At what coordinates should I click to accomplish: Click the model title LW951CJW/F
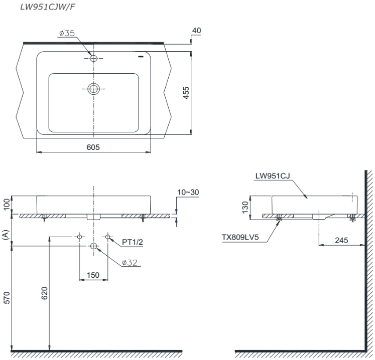[47, 7]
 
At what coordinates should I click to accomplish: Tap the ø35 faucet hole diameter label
[67, 33]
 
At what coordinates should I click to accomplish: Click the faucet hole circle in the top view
[93, 58]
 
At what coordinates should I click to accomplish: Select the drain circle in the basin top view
[93, 89]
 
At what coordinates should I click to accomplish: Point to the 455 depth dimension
[186, 93]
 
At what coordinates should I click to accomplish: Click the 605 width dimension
[93, 147]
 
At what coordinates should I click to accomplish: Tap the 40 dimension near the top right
[197, 31]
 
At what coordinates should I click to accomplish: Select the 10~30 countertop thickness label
[188, 193]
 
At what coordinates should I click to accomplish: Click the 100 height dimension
[7, 204]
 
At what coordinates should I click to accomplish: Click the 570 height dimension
[7, 298]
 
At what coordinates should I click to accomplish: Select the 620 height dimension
[45, 293]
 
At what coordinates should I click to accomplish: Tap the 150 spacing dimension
[93, 275]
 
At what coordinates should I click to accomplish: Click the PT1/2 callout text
[132, 242]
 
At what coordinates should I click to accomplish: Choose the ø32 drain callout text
[130, 263]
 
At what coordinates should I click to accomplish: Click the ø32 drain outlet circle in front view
[93, 246]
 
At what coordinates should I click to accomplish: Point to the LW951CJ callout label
[273, 176]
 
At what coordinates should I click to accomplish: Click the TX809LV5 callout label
[240, 237]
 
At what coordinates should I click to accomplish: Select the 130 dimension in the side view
[245, 207]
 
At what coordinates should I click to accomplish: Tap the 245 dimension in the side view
[341, 240]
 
